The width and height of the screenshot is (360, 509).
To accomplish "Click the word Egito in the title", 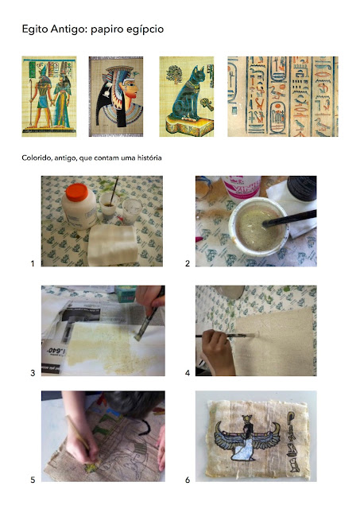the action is [x=35, y=29].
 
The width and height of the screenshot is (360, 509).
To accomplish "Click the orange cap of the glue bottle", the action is [x=77, y=192].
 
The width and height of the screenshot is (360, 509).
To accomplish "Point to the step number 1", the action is [x=33, y=263].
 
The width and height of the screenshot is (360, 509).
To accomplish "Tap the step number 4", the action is [x=188, y=373].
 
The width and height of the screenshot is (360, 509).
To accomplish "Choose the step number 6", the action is [x=188, y=480].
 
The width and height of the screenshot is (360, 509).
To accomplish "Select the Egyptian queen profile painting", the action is [x=116, y=96].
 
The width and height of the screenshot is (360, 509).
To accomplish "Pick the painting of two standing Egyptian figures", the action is [x=49, y=96].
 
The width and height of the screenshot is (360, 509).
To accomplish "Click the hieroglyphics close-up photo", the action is [x=283, y=96].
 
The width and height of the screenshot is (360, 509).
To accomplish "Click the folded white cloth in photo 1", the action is [x=112, y=245].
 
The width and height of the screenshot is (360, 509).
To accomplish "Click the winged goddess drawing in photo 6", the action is [x=248, y=438].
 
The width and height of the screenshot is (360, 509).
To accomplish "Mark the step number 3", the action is [x=33, y=373].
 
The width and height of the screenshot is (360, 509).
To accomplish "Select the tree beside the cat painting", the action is [x=174, y=75].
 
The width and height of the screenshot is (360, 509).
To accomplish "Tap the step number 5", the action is [x=33, y=480].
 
